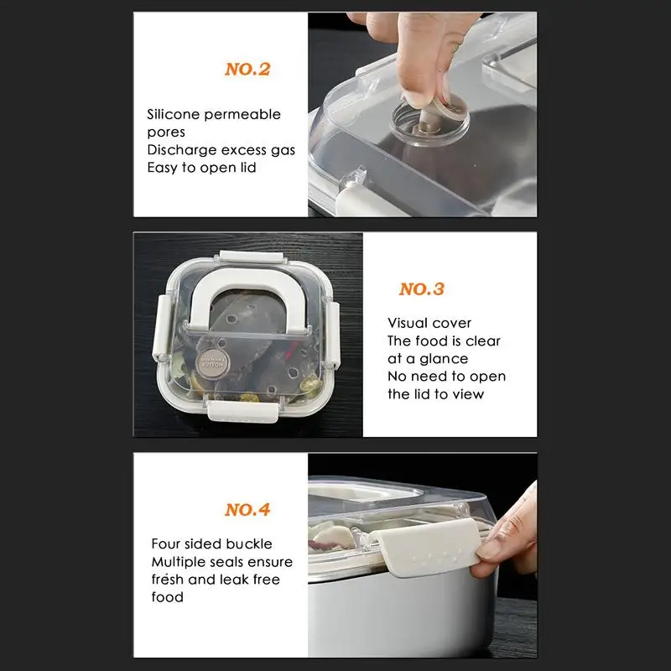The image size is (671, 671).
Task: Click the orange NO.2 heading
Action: click(x=247, y=70)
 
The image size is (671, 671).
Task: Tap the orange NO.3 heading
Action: click(x=422, y=289)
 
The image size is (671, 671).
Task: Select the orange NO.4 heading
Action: click(x=247, y=510)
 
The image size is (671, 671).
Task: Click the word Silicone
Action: click(x=174, y=114)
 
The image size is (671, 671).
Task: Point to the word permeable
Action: click(x=242, y=115)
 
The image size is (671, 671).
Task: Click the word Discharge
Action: click(x=182, y=150)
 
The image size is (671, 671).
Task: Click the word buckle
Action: click(x=249, y=544)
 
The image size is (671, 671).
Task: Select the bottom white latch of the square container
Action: click(x=242, y=411)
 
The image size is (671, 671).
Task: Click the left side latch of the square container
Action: click(x=160, y=327)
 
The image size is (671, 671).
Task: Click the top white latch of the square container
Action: click(x=252, y=257)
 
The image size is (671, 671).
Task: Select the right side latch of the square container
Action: click(x=333, y=334)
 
